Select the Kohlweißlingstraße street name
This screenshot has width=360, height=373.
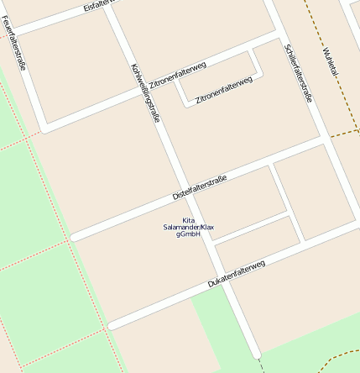(x=144, y=93)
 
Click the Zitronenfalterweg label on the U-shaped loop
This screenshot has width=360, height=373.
(x=223, y=90)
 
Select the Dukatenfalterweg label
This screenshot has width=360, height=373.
(x=236, y=274)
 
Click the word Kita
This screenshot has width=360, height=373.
(x=189, y=220)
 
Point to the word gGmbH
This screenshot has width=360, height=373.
(x=189, y=234)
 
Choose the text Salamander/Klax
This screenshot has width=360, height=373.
(x=189, y=228)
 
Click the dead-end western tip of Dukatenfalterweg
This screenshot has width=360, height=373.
(x=112, y=324)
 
